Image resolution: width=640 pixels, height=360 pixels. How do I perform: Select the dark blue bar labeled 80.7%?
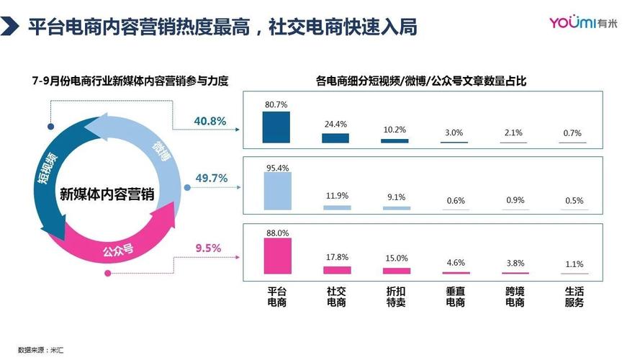(x=276, y=127)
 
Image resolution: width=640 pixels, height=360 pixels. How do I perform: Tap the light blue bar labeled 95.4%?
(x=278, y=191)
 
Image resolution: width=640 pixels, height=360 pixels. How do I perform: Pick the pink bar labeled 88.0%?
(x=278, y=256)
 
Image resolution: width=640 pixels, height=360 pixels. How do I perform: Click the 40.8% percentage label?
(x=210, y=121)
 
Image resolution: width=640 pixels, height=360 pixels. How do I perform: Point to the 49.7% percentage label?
(x=211, y=178)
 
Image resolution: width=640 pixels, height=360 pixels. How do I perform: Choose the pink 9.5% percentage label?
(x=208, y=248)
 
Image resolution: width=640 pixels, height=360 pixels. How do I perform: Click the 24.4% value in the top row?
(x=335, y=124)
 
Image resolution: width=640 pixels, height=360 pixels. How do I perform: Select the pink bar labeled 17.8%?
(x=336, y=270)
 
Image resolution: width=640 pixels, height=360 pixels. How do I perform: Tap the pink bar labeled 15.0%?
(x=396, y=271)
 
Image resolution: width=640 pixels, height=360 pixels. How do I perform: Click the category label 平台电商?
(x=277, y=297)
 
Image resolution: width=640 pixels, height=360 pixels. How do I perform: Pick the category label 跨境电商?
(x=515, y=297)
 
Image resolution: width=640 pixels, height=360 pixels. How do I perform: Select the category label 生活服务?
(x=574, y=297)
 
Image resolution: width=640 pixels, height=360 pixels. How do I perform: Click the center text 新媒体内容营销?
(x=107, y=194)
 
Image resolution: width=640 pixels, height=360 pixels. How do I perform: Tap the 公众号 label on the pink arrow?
(x=117, y=251)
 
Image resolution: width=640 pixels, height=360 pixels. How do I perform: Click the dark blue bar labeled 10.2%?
(x=395, y=140)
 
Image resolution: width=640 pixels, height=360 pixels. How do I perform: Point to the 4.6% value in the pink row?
(x=456, y=263)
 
